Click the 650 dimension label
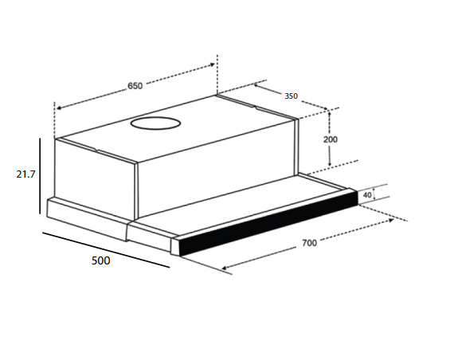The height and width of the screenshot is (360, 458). (135, 86)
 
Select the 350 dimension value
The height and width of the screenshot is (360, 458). (291, 96)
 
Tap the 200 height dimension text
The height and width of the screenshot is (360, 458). (330, 139)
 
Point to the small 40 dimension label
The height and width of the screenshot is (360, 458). (367, 194)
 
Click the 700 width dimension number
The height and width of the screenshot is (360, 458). (309, 243)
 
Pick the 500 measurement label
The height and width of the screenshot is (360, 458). (100, 260)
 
